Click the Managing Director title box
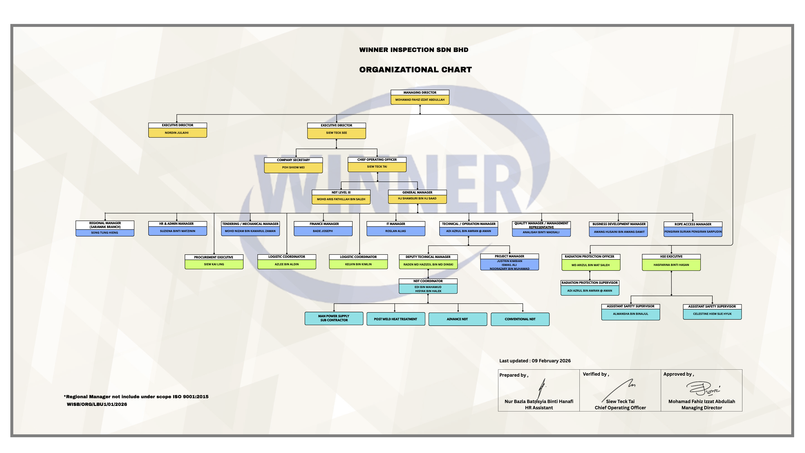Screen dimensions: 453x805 [x=420, y=93]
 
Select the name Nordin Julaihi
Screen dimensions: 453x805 [x=177, y=133]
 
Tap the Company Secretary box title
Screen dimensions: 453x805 [x=293, y=160]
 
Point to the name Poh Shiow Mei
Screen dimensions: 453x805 [x=293, y=167]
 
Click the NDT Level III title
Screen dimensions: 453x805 [x=341, y=192]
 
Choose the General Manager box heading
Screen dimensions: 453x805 [x=417, y=192]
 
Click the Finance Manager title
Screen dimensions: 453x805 [x=324, y=224]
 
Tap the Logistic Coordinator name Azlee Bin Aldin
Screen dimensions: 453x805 [x=287, y=264]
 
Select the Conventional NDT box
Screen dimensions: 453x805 [x=520, y=319]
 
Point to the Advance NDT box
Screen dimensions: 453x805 [x=457, y=319]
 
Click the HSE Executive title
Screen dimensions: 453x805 [x=671, y=257]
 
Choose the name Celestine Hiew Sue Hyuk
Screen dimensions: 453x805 [x=712, y=314]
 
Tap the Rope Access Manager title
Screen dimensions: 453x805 [x=693, y=224]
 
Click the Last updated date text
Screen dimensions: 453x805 [x=535, y=361]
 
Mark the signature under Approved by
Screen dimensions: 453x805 [x=703, y=389]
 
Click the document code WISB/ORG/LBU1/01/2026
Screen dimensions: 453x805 [x=97, y=404]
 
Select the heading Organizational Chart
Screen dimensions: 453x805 [x=415, y=70]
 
